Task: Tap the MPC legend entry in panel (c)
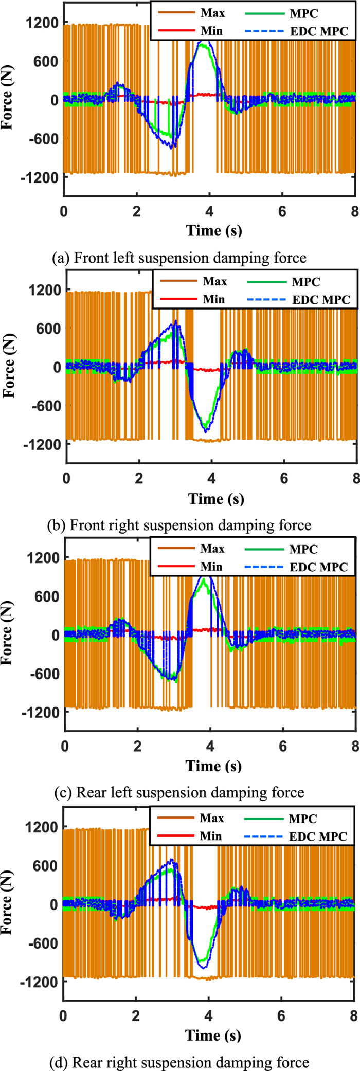point(303,549)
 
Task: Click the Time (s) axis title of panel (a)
point(213,230)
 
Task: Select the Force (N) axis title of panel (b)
point(9,366)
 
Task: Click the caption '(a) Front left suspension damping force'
point(179,258)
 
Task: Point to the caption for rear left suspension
point(179,792)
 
